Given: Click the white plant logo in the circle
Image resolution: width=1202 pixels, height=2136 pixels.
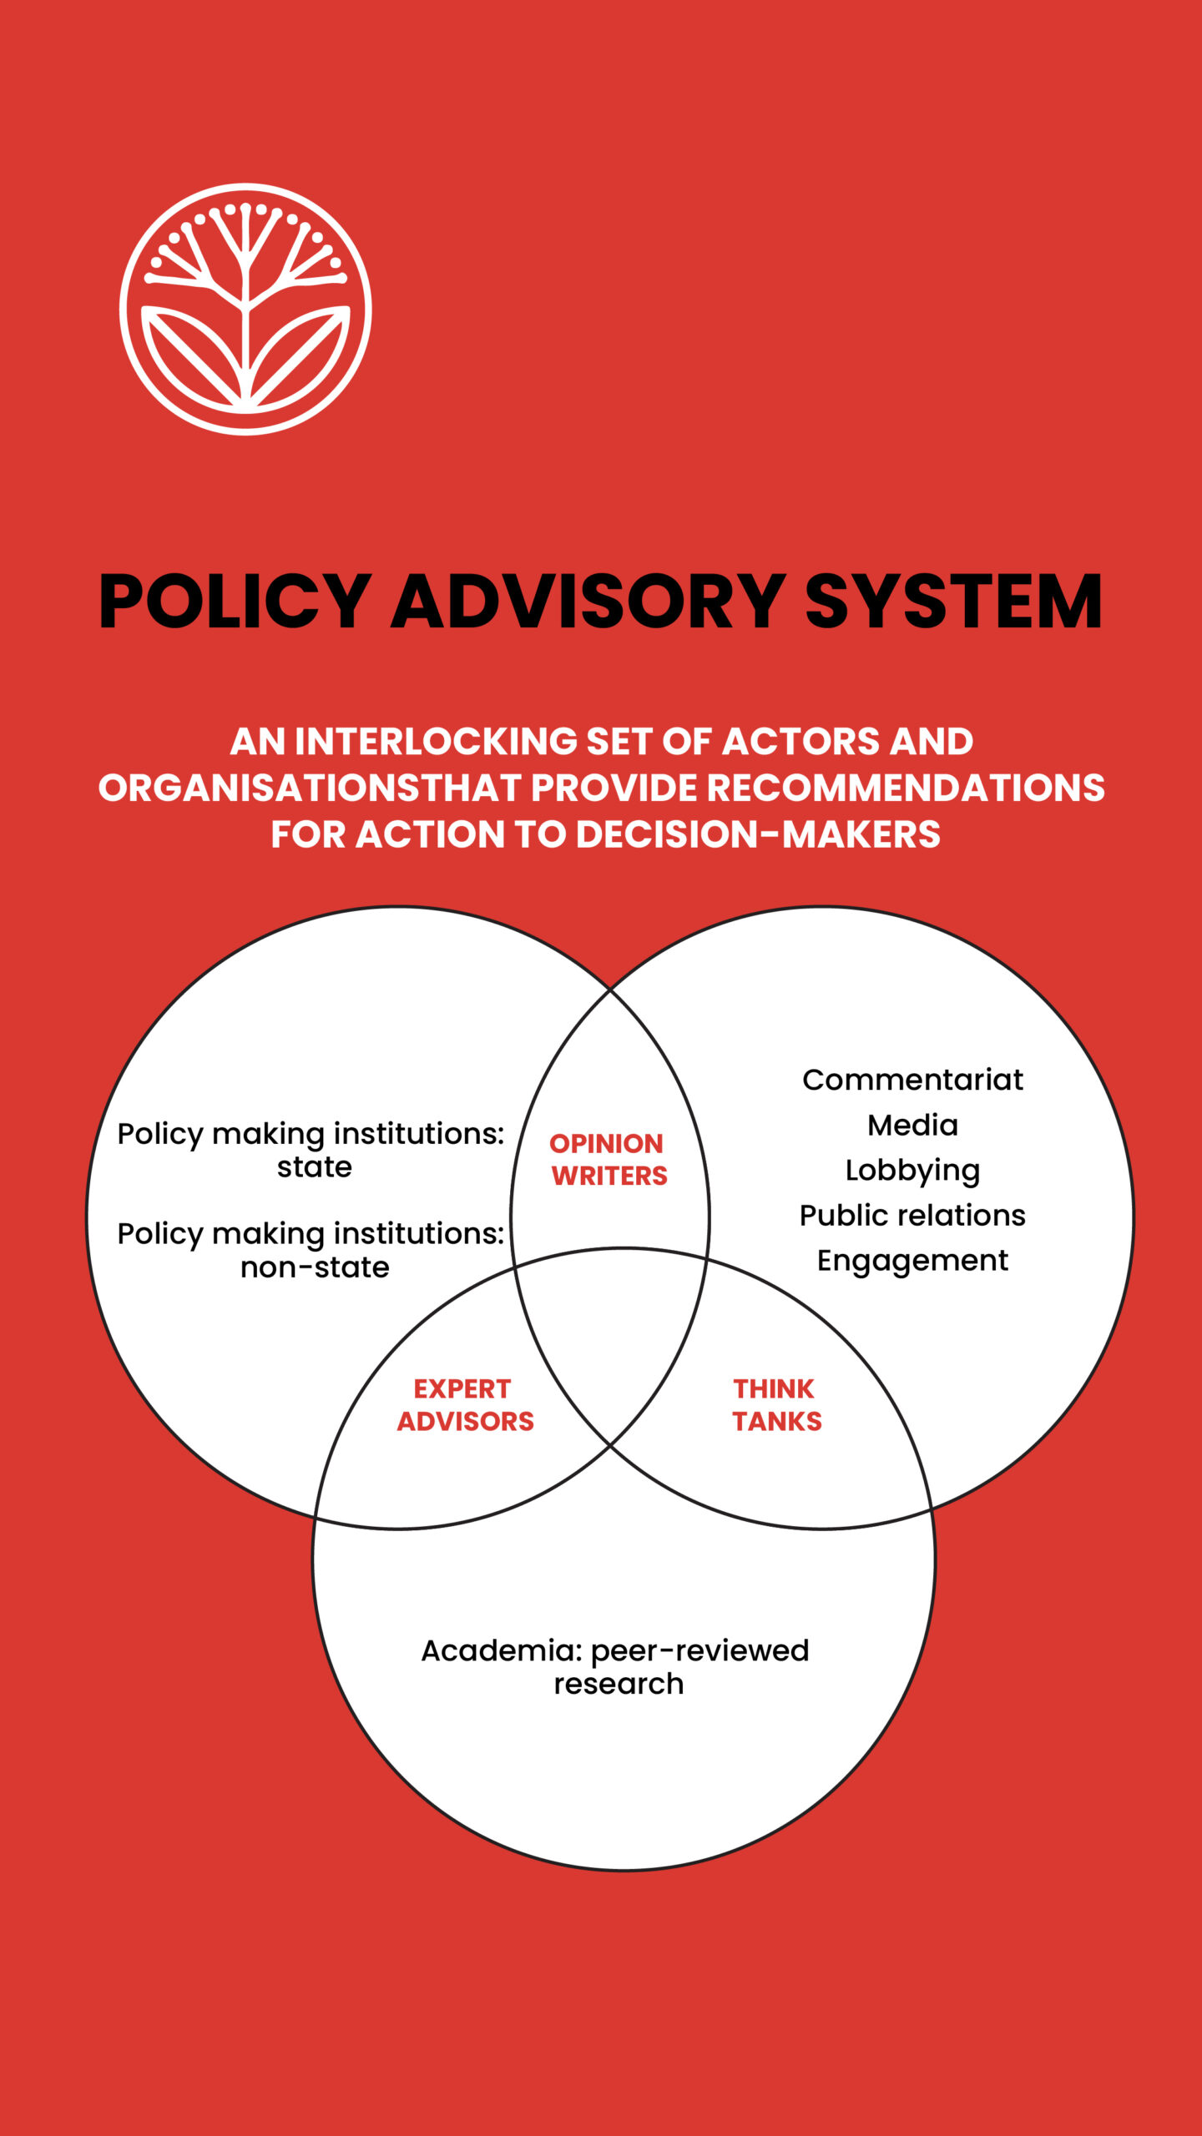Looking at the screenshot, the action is click(x=245, y=309).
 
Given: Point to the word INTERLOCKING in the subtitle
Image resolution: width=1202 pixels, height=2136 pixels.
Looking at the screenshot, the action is click(x=437, y=741).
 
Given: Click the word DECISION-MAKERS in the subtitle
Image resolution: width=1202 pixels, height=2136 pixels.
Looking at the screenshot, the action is click(x=758, y=834).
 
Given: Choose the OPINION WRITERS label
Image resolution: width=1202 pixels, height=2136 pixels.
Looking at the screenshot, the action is click(x=608, y=1160).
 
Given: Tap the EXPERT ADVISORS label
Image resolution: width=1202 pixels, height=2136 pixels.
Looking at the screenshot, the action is click(x=465, y=1405).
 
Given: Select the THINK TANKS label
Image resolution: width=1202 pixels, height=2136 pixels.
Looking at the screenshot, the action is click(x=776, y=1405).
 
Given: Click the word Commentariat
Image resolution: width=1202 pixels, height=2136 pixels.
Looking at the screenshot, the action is click(x=912, y=1080).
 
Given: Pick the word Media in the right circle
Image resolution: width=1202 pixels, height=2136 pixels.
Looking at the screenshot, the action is click(x=912, y=1125).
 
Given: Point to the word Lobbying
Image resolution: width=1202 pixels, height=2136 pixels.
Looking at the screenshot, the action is click(x=912, y=1171).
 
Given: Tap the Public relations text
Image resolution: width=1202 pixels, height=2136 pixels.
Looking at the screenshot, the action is click(x=912, y=1216).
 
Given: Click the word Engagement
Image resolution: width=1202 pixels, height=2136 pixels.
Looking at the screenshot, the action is click(x=912, y=1262).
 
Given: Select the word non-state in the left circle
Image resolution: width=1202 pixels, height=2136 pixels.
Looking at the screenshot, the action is click(x=315, y=1267).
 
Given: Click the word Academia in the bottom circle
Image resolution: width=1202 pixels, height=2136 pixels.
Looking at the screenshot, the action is click(x=502, y=1650).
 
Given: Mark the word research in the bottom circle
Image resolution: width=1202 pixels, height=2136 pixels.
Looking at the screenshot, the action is click(x=619, y=1684).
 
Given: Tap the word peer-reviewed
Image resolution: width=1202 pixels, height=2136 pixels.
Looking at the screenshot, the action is click(x=699, y=1651).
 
